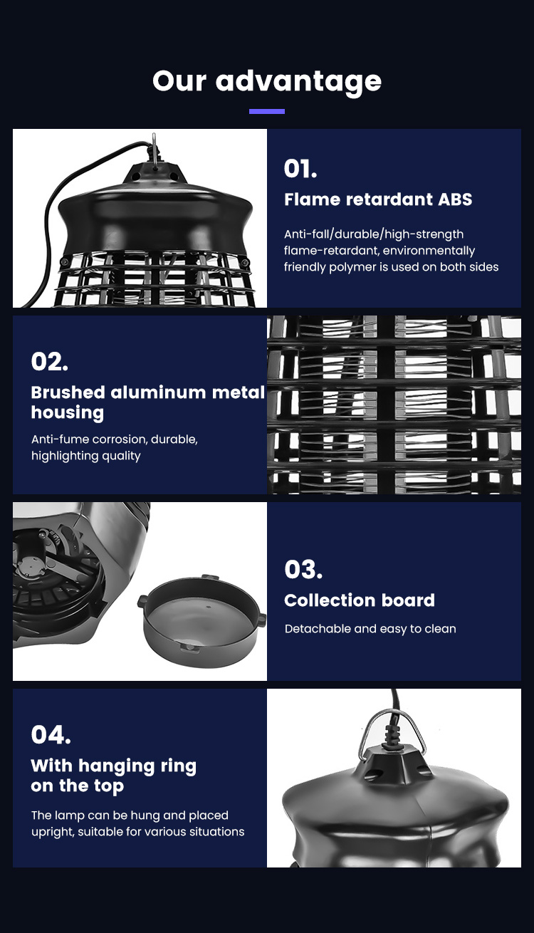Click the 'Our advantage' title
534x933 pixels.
(x=267, y=80)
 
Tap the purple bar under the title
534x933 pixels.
(x=267, y=111)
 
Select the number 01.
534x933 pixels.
(x=300, y=169)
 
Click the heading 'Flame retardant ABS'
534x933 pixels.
(x=378, y=199)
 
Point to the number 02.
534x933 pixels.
(x=50, y=362)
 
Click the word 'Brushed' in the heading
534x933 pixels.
(x=68, y=392)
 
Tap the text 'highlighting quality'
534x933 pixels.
(x=86, y=456)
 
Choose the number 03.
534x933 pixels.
(x=303, y=569)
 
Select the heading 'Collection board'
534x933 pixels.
(x=360, y=600)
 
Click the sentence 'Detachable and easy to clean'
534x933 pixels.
(x=370, y=628)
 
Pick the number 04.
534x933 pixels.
(x=51, y=734)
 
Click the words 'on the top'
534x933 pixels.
(x=78, y=786)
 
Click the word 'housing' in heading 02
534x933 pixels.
(x=68, y=413)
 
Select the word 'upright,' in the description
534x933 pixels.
(x=53, y=832)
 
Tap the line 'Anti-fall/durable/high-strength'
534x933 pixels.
(x=374, y=234)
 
